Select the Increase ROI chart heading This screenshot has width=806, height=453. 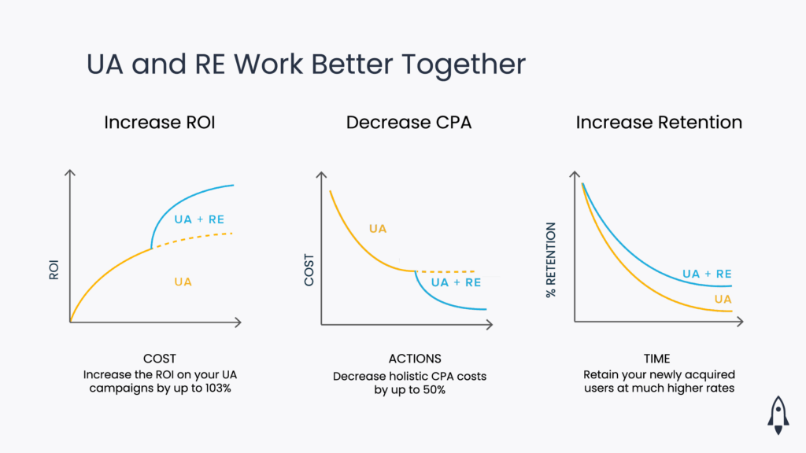pos(160,123)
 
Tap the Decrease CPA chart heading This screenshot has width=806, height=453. pos(409,123)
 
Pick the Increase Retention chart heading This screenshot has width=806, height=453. pos(659,123)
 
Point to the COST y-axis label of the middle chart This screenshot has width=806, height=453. pos(309,270)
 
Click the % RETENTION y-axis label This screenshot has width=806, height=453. pos(551,260)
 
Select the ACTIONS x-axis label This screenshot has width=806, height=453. pos(409,359)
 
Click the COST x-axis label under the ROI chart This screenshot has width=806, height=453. pos(160,359)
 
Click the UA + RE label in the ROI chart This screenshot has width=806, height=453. pos(199,219)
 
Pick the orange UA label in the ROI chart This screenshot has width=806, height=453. pos(183,282)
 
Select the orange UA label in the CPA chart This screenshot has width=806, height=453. pos(378,229)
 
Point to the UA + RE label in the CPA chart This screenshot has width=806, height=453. pos(456,282)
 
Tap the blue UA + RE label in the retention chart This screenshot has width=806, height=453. pos(707,274)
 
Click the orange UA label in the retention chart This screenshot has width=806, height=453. pos(723,300)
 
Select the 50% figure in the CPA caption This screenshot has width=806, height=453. pos(432,390)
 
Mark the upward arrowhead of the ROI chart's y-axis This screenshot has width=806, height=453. pos(71,172)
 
